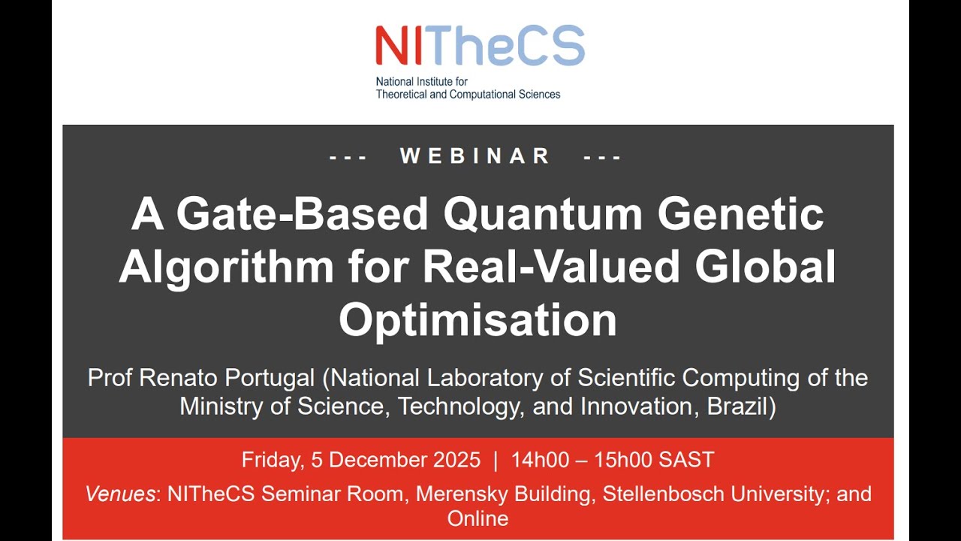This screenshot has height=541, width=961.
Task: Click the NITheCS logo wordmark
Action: pos(480,46)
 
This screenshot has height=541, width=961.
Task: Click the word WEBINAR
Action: pos(475,156)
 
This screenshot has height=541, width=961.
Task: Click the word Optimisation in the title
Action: pos(477,319)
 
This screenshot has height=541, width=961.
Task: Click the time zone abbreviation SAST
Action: pos(686,460)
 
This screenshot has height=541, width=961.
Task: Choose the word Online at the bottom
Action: pos(477,518)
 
